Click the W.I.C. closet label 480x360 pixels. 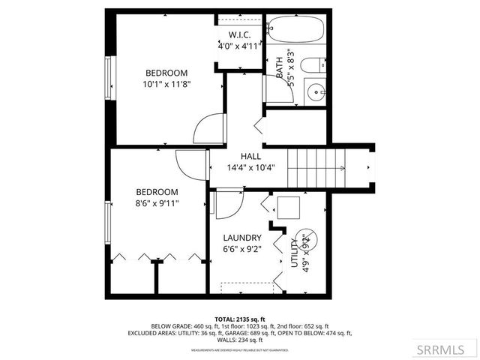pos(238,34)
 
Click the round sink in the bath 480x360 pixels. pos(316,92)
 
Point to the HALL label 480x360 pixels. pos(250,156)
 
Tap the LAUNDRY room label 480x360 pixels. pos(242,238)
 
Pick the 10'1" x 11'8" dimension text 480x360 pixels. pos(166,85)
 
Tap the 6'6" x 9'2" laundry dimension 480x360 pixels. pos(242,249)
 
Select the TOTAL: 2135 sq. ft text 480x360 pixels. pos(240,318)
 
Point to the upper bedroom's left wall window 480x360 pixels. pos(109,78)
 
